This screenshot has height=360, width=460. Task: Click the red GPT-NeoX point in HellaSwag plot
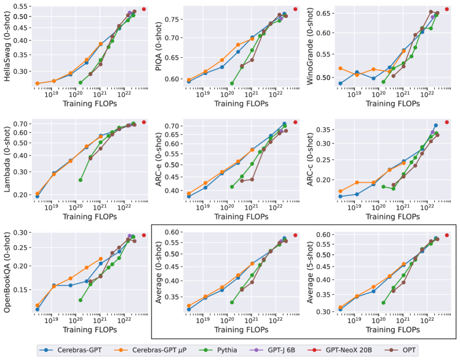[x=144, y=9]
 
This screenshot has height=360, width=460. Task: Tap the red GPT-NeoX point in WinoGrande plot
[x=446, y=9]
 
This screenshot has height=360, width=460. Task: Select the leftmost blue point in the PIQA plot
[x=189, y=82]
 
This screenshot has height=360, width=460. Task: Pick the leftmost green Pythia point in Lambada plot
[x=81, y=180]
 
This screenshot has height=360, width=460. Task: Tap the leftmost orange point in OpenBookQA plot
[x=38, y=305]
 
